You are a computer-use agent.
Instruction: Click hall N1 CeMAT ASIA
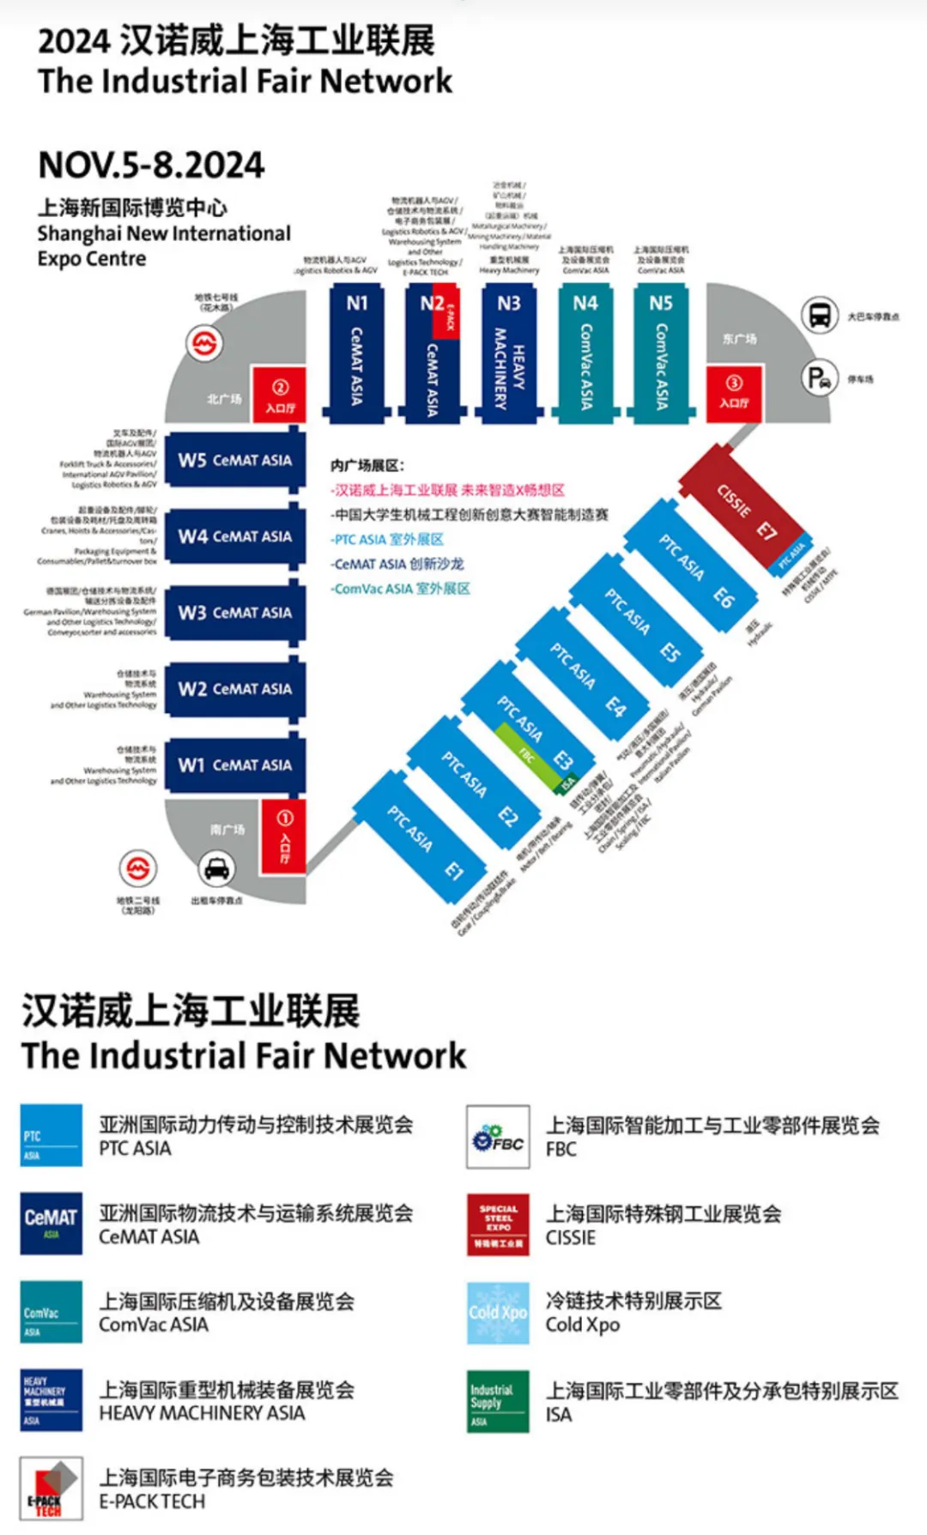point(356,352)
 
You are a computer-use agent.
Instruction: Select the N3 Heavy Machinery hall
point(509,352)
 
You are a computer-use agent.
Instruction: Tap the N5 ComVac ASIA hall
point(661,352)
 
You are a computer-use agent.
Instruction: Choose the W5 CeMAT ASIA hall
point(234,460)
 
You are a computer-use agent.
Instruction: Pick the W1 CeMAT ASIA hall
point(234,764)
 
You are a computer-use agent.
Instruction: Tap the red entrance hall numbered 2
point(279,395)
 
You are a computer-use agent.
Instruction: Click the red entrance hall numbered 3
point(734,393)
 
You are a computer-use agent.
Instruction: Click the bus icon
point(820,315)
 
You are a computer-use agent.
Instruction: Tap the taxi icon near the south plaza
point(216,868)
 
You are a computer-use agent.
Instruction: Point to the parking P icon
point(820,378)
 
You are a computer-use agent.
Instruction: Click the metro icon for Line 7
point(204,345)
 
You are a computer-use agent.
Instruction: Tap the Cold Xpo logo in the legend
point(498,1312)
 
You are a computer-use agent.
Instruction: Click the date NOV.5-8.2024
point(151,165)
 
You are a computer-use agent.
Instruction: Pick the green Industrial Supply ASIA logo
point(498,1400)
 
